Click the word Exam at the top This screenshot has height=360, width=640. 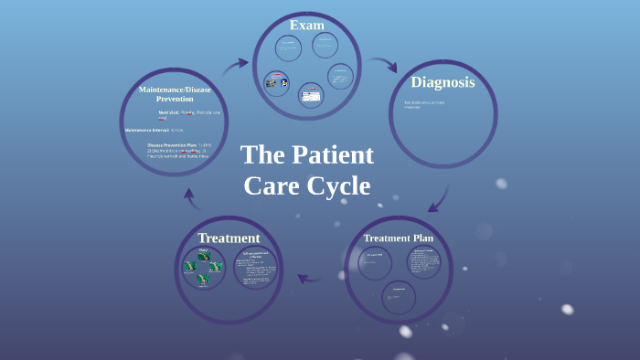click(x=307, y=25)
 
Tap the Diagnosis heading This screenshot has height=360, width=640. click(x=443, y=82)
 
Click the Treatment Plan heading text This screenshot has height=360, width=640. click(x=398, y=238)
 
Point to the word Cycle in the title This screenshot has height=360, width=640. click(x=337, y=186)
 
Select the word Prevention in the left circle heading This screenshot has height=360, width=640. click(x=175, y=99)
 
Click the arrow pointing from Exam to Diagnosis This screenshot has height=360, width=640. click(x=382, y=65)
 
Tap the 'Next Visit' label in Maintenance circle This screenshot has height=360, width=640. click(x=168, y=111)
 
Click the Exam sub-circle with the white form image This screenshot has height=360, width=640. click(x=311, y=95)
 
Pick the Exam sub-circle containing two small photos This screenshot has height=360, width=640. click(x=276, y=83)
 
